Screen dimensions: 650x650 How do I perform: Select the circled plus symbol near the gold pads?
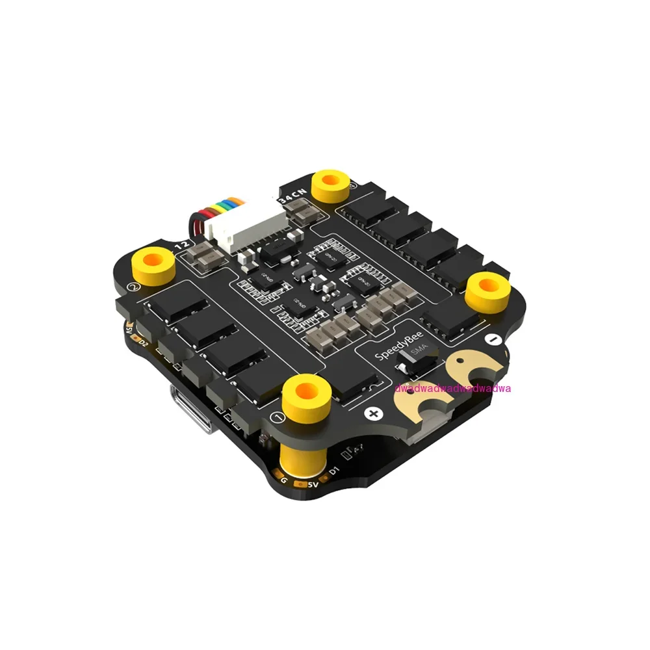click(x=373, y=413)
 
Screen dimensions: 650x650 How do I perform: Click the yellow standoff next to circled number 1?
click(x=306, y=393)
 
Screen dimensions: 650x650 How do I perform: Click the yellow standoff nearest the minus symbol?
click(x=487, y=290)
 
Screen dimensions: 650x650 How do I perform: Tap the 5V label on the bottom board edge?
click(x=312, y=484)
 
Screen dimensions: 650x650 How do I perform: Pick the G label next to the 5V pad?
click(x=284, y=479)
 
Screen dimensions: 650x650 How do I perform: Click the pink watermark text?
click(x=453, y=388)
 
